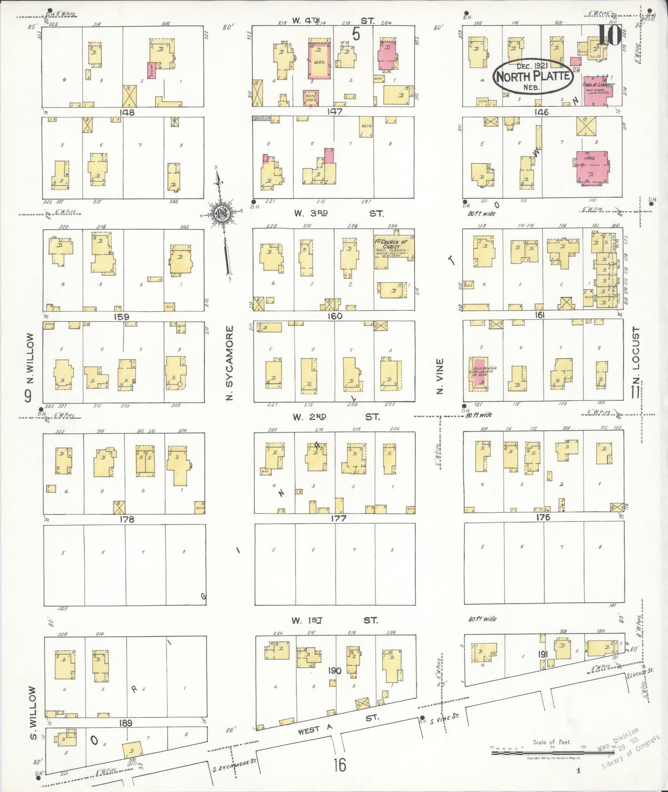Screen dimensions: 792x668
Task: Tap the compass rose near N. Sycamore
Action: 222,213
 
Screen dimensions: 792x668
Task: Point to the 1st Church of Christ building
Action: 393,250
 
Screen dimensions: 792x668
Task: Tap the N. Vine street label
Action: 440,376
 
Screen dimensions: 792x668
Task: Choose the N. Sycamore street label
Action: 230,363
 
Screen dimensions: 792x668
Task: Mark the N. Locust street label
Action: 636,356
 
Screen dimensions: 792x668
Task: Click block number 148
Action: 127,112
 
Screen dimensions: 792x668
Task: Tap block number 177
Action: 338,518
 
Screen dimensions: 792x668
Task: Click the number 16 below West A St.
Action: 340,765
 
